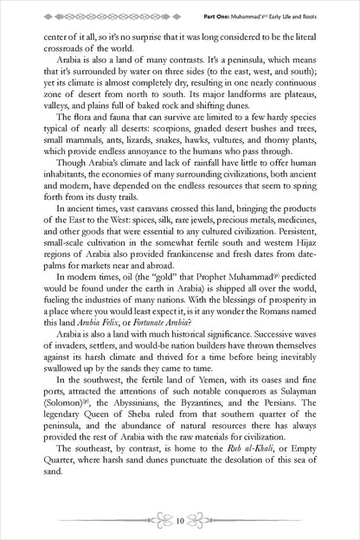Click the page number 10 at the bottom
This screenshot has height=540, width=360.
pos(179,523)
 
